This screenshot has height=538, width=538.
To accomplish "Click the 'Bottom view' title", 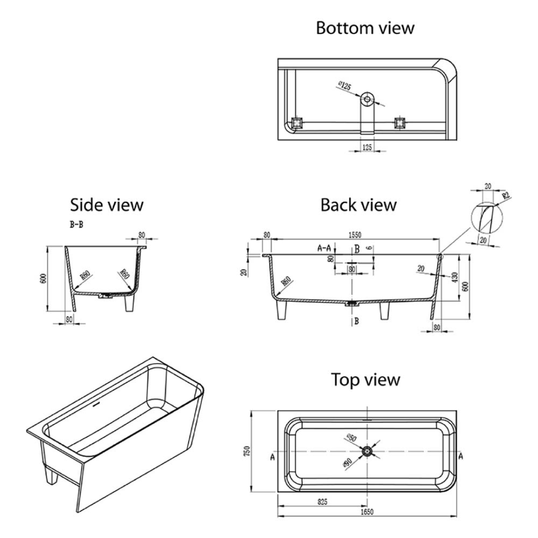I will point(365,28).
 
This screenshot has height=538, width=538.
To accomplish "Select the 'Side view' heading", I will point(107,204).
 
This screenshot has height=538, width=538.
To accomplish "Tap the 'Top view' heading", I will point(366,380).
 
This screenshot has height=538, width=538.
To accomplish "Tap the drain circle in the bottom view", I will point(368,99).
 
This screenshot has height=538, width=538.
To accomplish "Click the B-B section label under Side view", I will point(76,225).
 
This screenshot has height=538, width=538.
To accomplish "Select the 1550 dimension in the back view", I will point(355,235).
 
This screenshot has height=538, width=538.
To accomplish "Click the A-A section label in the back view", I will point(324,248).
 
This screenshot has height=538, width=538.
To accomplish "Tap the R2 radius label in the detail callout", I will point(505,196).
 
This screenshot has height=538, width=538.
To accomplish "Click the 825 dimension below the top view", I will point(321,503).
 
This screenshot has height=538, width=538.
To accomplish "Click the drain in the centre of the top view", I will point(368,451).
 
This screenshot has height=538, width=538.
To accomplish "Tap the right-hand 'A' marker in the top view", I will point(460,455).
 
